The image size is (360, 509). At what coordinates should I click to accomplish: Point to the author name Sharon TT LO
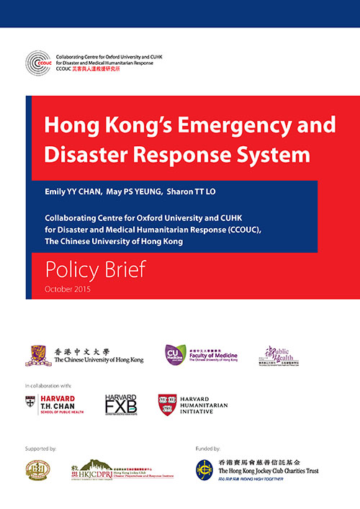click(x=210, y=194)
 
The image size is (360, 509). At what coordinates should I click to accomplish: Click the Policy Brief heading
click(x=96, y=270)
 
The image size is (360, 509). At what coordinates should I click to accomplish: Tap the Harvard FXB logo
click(x=121, y=405)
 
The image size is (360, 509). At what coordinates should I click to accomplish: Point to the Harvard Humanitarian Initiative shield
click(x=168, y=405)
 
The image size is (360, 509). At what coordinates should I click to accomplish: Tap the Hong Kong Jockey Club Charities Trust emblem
click(x=206, y=472)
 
